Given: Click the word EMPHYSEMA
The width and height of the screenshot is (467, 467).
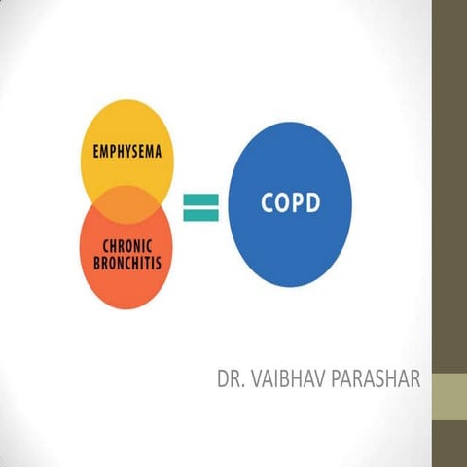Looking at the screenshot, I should click(x=126, y=153).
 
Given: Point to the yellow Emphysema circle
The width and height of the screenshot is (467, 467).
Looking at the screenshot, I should click(x=126, y=136).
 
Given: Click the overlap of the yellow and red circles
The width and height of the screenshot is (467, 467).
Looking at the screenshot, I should click(x=126, y=204).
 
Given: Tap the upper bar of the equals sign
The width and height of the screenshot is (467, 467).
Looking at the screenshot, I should click(x=199, y=198).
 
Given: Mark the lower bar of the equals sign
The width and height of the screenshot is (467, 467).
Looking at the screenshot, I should click(x=199, y=212).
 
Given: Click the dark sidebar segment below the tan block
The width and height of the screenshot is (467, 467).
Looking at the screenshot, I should click(x=449, y=443).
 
